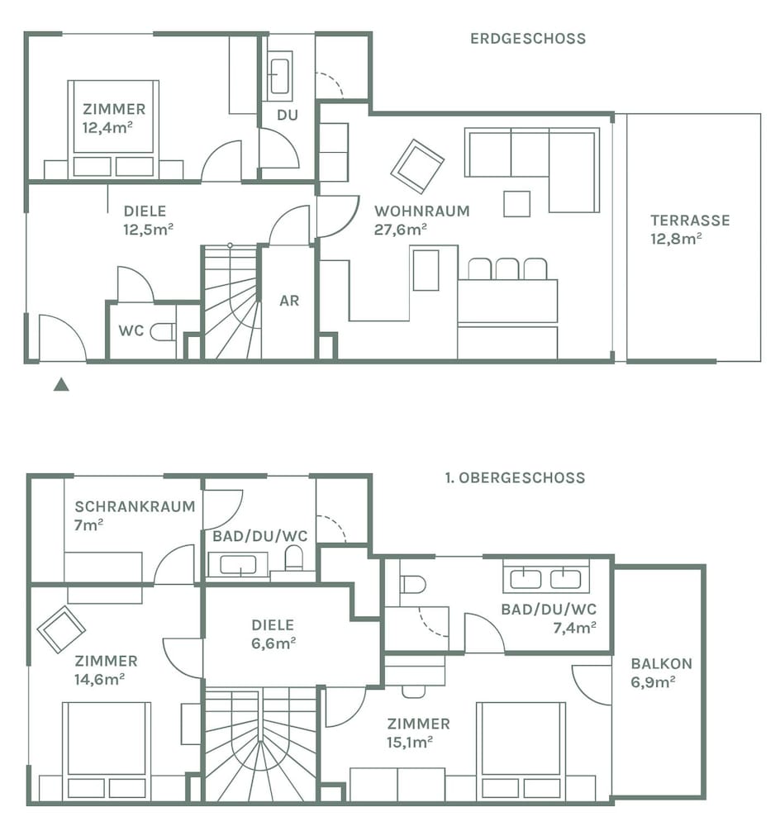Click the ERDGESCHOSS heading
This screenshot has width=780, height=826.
pos(528,39)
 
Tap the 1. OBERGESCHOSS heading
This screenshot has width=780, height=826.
pos(515,477)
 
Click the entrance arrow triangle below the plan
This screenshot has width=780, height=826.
pos(61,385)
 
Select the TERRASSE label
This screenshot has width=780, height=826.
pos(690,221)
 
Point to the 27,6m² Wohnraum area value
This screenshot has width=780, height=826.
pos(401,230)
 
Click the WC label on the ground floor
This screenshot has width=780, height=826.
pos(131,331)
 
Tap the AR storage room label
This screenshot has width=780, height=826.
pos(289,301)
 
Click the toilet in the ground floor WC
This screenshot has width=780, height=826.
pos(163,332)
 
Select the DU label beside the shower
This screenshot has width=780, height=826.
pos(288,115)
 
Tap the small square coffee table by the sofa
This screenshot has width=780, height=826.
pos(516,204)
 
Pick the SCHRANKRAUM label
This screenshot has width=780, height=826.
pos(135,507)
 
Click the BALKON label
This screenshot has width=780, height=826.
pos(661,664)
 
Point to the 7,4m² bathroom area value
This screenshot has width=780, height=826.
pos(574,628)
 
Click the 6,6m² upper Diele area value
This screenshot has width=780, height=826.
pos(273,643)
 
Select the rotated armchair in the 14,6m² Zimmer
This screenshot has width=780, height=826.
pos(61,629)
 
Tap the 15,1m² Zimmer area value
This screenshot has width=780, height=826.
pos(410,743)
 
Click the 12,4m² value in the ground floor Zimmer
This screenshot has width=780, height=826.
pos(107,127)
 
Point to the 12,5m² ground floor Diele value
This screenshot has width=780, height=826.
pos(148,230)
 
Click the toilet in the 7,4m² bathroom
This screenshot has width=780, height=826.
pos(412,584)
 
